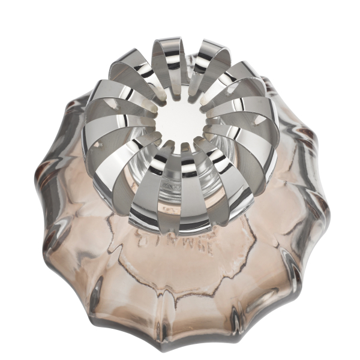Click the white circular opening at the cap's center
click(180, 123)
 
